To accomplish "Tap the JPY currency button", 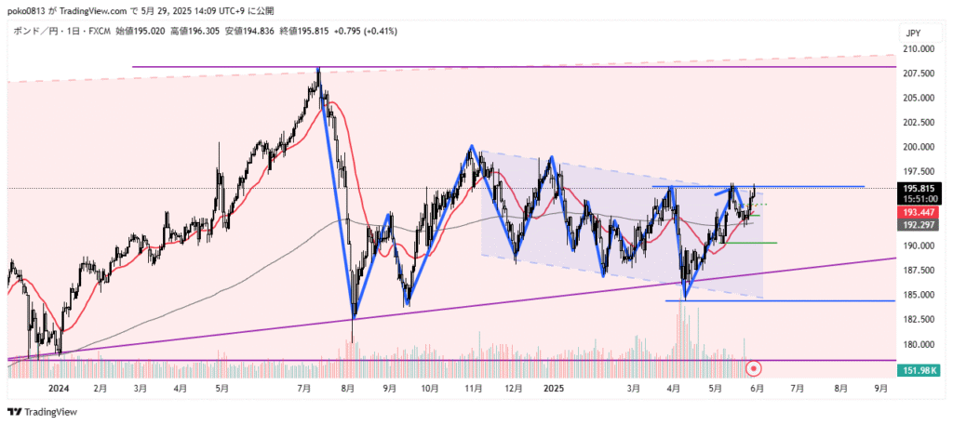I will pyautogui.click(x=913, y=33).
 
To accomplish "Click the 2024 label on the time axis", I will pyautogui.click(x=59, y=390).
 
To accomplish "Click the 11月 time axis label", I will pyautogui.click(x=473, y=390).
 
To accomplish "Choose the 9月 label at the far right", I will pyautogui.click(x=881, y=390).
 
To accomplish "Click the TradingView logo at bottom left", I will pyautogui.click(x=43, y=412).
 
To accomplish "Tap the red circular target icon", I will pyautogui.click(x=755, y=370).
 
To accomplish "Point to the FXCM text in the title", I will pyautogui.click(x=98, y=31).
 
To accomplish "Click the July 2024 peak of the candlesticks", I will pyautogui.click(x=318, y=69).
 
